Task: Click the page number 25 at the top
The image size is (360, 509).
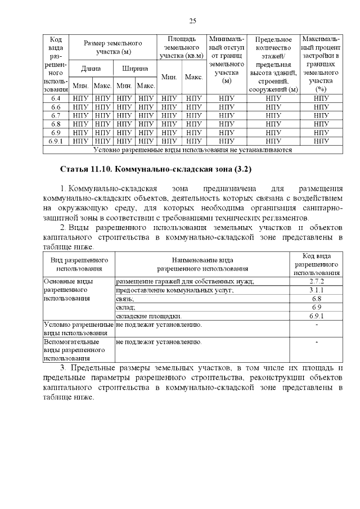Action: [x=192, y=21]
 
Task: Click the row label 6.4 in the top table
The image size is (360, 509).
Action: [x=56, y=98]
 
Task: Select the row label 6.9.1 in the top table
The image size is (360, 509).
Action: [x=56, y=142]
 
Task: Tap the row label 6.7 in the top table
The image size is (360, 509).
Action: [x=56, y=115]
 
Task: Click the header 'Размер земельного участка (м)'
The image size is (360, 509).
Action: [x=113, y=47]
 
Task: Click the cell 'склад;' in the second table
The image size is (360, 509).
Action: [x=125, y=308]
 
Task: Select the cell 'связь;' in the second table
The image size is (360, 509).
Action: [x=125, y=299]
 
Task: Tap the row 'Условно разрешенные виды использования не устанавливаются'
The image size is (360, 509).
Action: [x=192, y=150]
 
